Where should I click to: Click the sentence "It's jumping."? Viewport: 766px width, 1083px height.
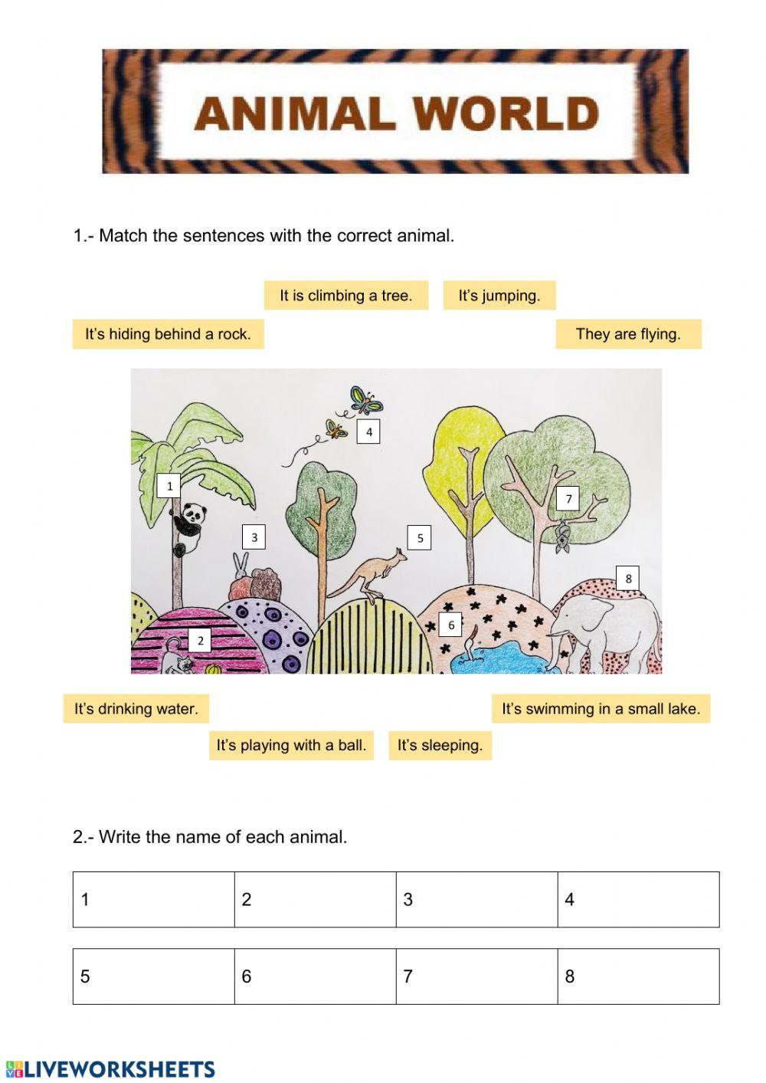point(499,295)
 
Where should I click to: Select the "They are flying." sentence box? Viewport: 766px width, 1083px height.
point(628,334)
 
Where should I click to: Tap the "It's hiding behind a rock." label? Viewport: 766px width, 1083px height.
point(168,334)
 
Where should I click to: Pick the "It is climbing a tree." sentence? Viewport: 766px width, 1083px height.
point(345,295)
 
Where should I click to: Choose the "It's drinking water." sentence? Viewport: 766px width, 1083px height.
point(136,709)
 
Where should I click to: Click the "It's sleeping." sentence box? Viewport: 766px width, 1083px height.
point(440,745)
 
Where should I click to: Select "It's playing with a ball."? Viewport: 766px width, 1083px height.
point(291,745)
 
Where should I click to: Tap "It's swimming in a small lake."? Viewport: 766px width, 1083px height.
point(601,709)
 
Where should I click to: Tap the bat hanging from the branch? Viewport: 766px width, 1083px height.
point(563,537)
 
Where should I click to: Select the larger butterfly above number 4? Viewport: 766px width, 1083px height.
point(365,399)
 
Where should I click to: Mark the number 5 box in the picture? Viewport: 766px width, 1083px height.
point(420,538)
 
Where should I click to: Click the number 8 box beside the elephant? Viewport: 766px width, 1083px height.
point(628,579)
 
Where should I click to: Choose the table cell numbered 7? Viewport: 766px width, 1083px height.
point(476,976)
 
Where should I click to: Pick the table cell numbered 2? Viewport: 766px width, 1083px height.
point(315,899)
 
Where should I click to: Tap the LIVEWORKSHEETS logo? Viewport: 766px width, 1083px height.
point(110,1069)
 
